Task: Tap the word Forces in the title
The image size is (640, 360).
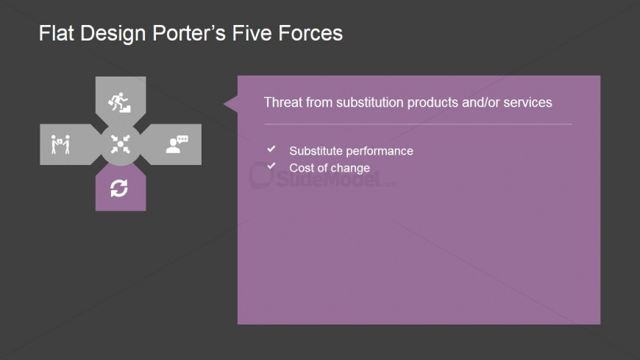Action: (x=310, y=33)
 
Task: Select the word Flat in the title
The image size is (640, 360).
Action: (x=56, y=33)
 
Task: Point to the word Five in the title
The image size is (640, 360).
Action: (x=252, y=33)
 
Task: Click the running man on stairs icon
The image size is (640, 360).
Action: (x=119, y=102)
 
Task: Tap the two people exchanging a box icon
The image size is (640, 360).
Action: (x=60, y=144)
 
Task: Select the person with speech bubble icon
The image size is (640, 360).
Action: (x=177, y=144)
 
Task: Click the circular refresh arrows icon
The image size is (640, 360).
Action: (x=119, y=188)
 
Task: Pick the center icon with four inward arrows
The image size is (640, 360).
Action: (x=121, y=144)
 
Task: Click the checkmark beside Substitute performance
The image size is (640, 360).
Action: (x=271, y=149)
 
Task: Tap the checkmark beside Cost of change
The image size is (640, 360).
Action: (x=271, y=166)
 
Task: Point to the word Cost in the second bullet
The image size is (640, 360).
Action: (x=300, y=168)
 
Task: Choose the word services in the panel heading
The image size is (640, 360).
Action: (x=527, y=102)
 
